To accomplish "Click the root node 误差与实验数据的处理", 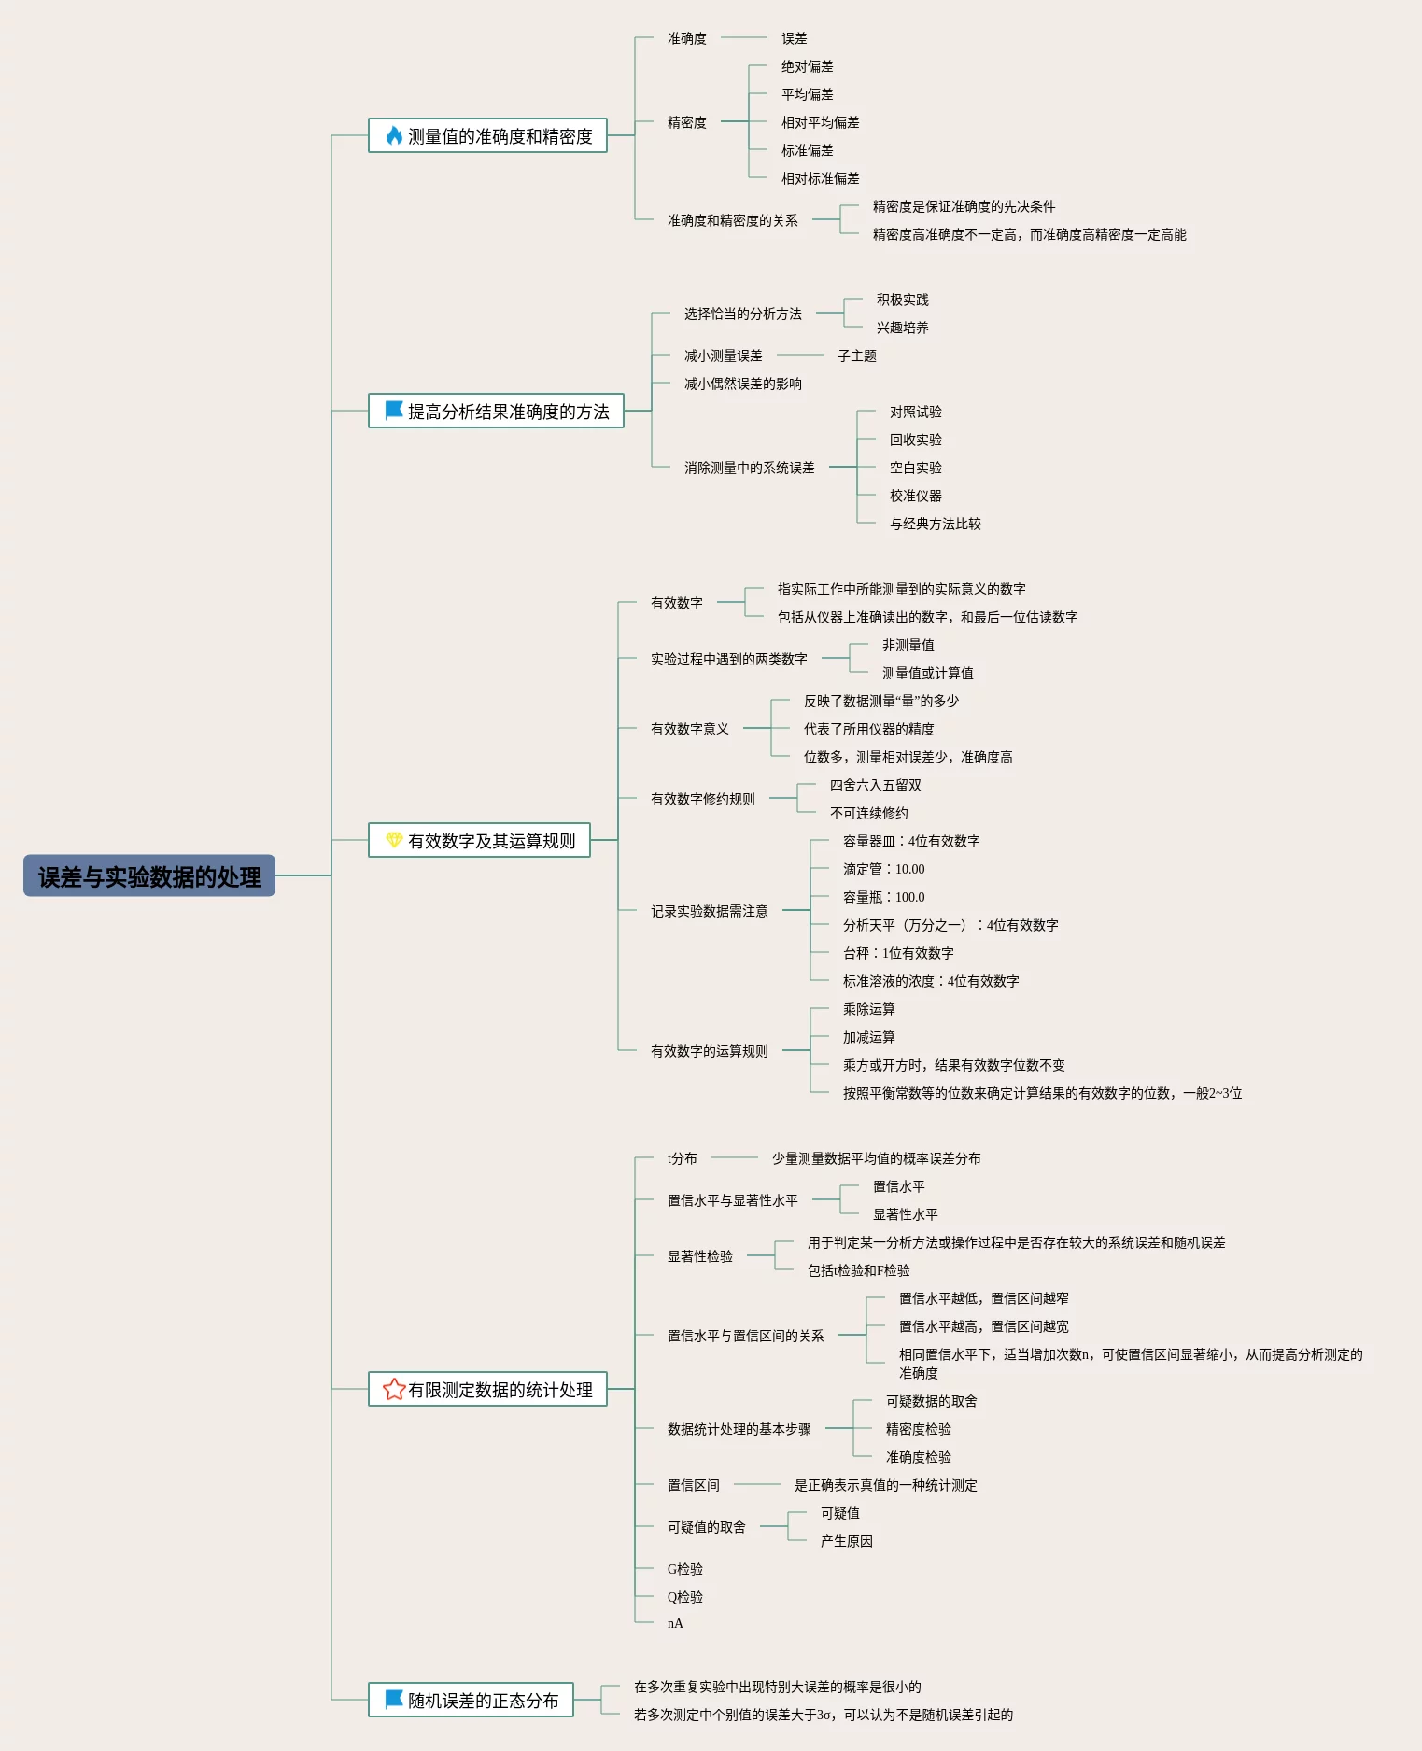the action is click(x=149, y=876).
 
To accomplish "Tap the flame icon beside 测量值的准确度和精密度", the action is click(x=394, y=136).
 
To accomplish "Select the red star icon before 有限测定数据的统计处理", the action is click(x=394, y=1390).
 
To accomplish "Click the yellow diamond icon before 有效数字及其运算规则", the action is click(x=394, y=841).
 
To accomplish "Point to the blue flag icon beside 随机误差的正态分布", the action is click(x=394, y=1700).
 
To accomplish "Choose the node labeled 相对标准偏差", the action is click(x=820, y=178).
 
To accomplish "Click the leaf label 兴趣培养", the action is click(x=902, y=328).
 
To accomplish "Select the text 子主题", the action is click(x=856, y=356).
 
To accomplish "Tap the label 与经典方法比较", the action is click(x=935, y=524).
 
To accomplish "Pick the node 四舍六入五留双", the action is click(x=875, y=785).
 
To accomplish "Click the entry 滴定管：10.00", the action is click(x=883, y=869).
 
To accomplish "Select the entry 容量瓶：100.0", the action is click(x=883, y=897).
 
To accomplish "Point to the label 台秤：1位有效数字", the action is click(x=898, y=953).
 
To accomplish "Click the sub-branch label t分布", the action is click(x=682, y=1158).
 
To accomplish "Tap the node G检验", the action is click(x=684, y=1569).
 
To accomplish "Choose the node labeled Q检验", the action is click(x=684, y=1597).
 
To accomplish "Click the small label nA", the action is click(x=675, y=1623).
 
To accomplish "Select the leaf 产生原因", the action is click(x=846, y=1541).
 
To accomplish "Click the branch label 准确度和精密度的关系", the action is click(x=732, y=220).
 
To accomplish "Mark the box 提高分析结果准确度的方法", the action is click(x=496, y=412).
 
